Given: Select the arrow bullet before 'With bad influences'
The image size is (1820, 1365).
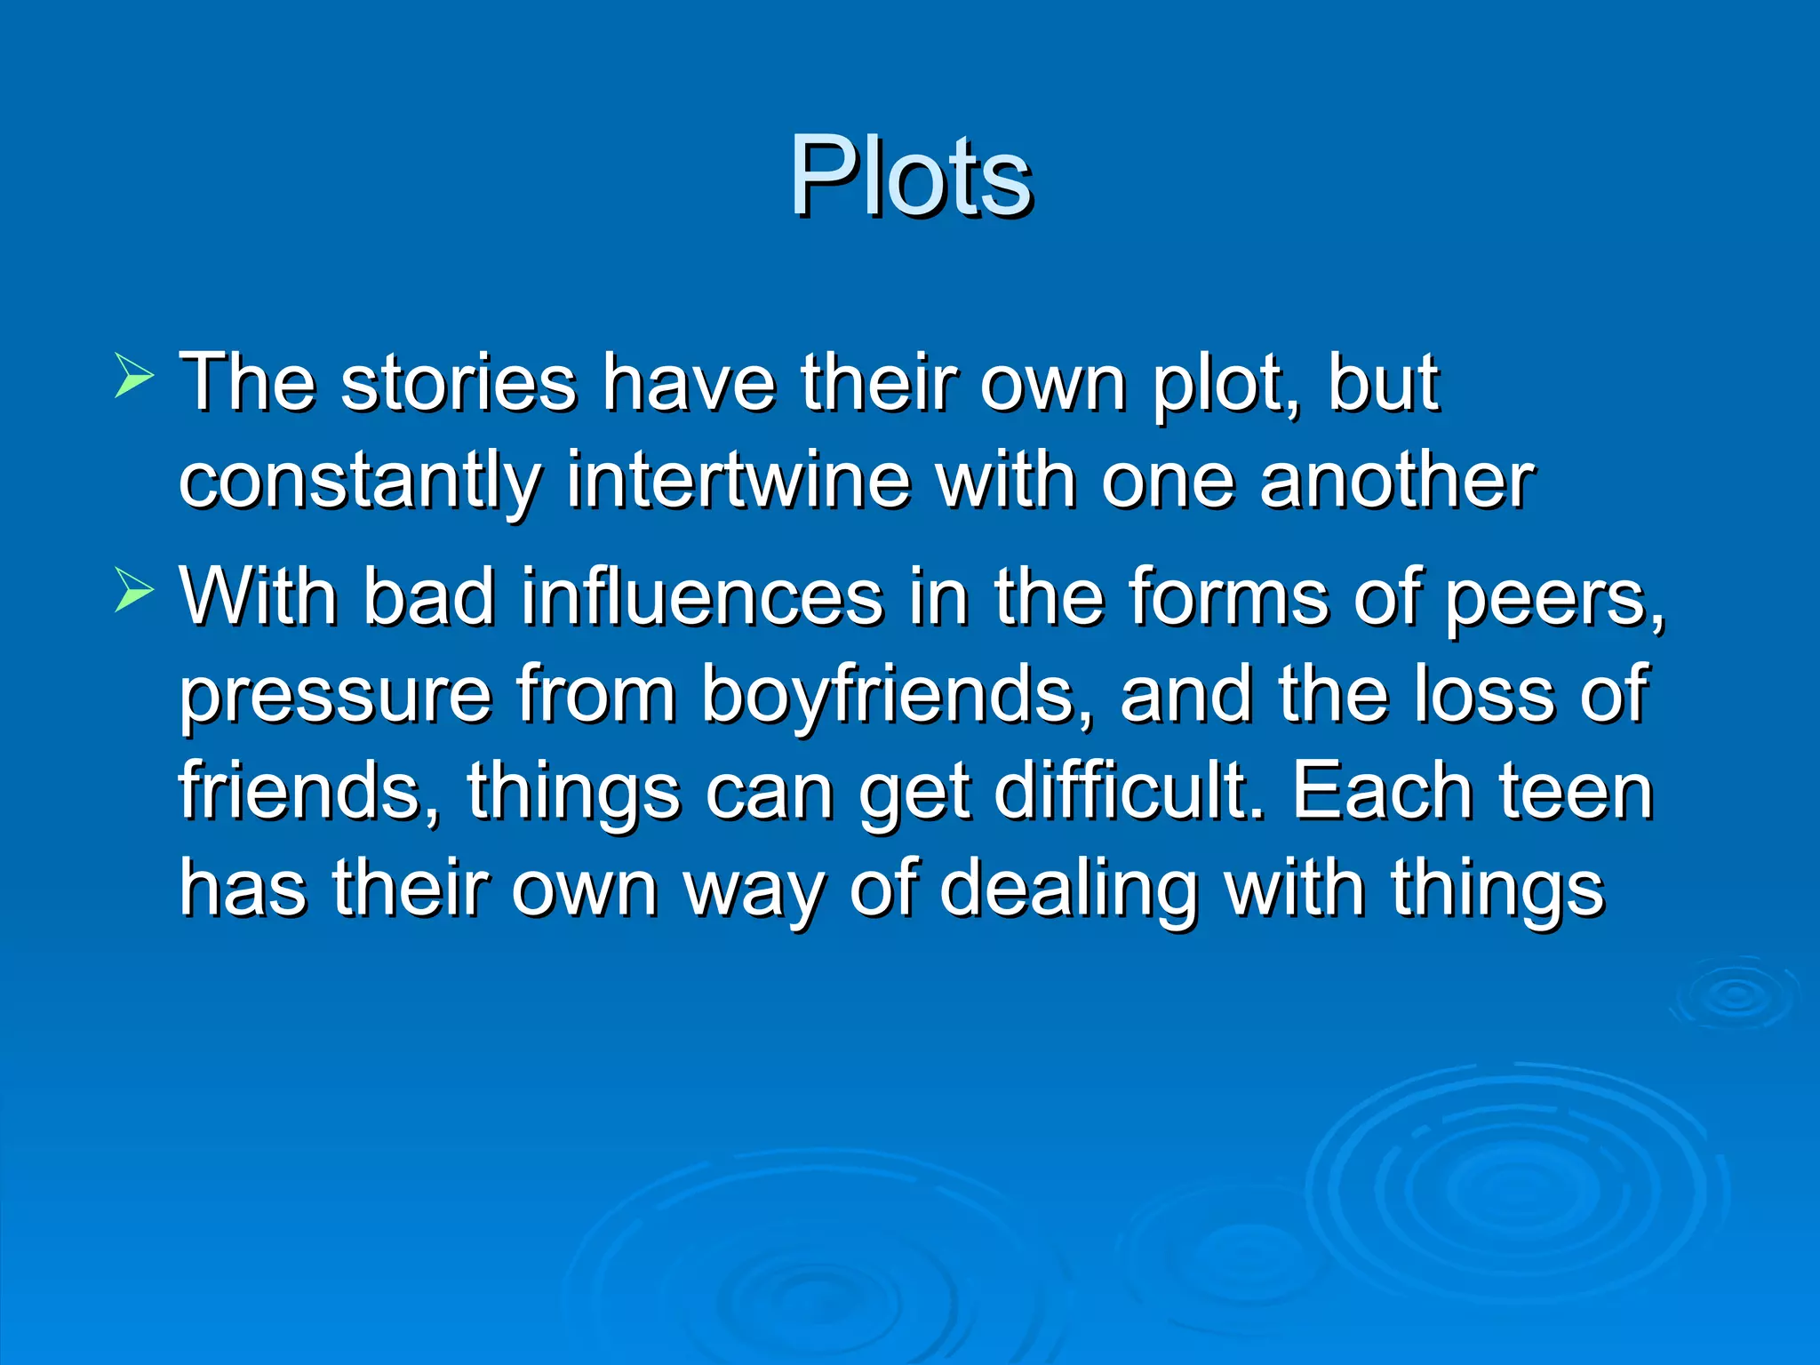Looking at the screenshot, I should [134, 591].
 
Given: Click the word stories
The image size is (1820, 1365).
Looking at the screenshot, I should [459, 383].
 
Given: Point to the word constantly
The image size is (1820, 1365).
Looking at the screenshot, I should [360, 481].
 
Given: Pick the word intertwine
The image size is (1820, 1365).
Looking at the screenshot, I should [738, 481].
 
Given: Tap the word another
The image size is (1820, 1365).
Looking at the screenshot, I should [1396, 481].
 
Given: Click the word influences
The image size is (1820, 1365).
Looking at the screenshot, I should [702, 596].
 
